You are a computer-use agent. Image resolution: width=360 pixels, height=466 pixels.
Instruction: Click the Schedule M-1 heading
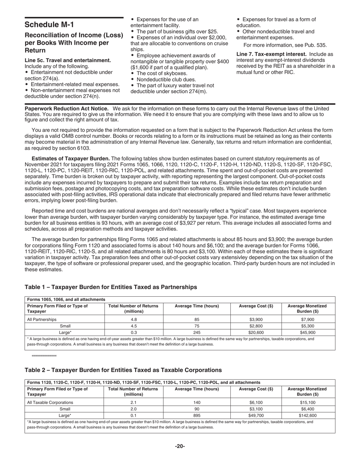coord(49,25)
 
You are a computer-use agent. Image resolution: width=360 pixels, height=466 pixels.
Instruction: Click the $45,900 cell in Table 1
coord(308,332)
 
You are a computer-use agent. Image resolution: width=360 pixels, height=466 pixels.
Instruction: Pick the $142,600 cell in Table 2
coord(308,415)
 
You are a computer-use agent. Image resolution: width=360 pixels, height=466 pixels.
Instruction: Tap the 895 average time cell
coord(197,415)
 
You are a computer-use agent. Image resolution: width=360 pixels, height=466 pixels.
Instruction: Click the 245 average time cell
coord(197,332)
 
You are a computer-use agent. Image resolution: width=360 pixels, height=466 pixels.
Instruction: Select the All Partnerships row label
coord(42,319)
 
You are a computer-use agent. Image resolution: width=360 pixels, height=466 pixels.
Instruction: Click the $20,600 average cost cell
coord(256,332)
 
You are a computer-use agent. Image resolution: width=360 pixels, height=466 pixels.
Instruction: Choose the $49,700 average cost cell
coord(256,415)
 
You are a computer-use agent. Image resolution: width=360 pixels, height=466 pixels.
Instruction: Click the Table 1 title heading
coord(111,287)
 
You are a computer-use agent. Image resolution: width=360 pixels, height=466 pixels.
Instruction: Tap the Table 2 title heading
coord(123,370)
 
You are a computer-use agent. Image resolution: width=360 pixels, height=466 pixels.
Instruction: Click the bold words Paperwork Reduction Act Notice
coord(66,109)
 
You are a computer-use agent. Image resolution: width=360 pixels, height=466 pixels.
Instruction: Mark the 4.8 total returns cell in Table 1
coord(133,319)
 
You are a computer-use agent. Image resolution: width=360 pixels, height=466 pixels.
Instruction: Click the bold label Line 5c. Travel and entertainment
coord(68,60)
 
